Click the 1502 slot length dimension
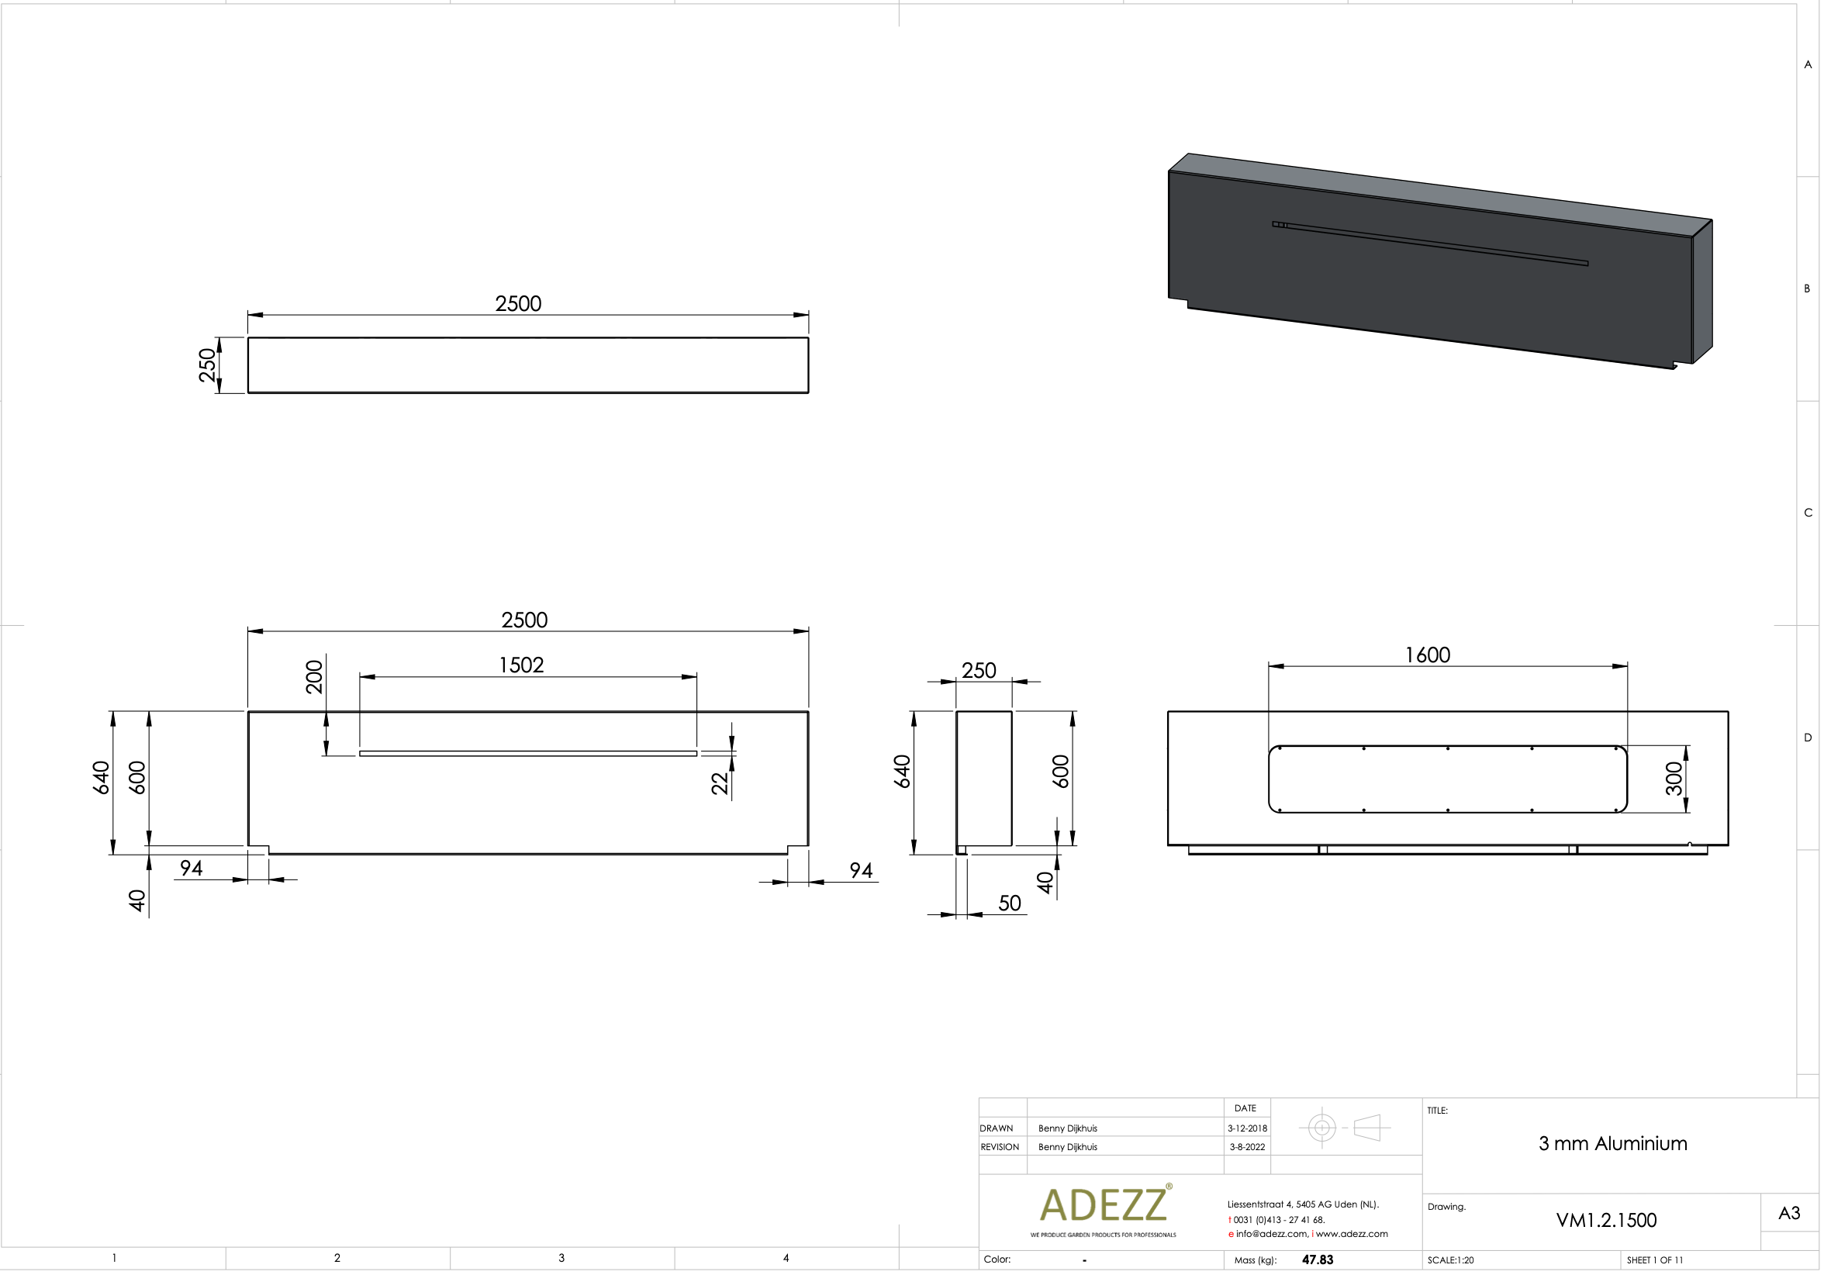(x=521, y=665)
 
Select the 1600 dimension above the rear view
(x=1428, y=655)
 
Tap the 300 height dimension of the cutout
(x=1674, y=779)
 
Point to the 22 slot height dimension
(x=720, y=783)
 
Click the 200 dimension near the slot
(x=315, y=677)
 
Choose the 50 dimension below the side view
(x=1009, y=904)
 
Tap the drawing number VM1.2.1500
(x=1605, y=1220)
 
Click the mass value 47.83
(x=1317, y=1260)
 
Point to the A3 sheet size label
(x=1789, y=1213)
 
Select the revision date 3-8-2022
(x=1247, y=1147)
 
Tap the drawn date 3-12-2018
(x=1247, y=1128)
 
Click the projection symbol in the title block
(x=1344, y=1127)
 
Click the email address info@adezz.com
(x=1271, y=1234)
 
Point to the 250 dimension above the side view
(x=979, y=671)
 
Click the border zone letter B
(x=1807, y=289)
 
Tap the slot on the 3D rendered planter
(x=1430, y=243)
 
